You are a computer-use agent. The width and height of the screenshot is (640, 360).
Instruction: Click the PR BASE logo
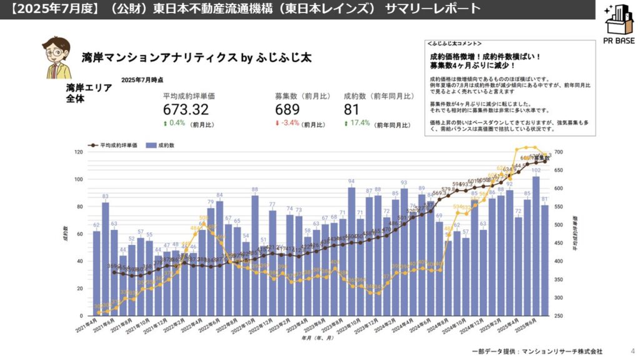tap(619, 25)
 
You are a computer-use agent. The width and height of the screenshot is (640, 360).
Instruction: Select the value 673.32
tap(185, 109)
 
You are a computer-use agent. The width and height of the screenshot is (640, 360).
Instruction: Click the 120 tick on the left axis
tap(79, 152)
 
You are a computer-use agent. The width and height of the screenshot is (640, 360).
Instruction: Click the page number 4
tap(625, 351)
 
